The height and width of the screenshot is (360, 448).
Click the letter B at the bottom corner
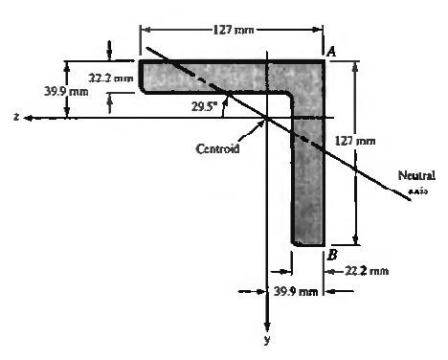tap(331, 255)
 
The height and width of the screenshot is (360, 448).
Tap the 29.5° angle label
tap(204, 106)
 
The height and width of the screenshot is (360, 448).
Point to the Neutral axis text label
tap(417, 181)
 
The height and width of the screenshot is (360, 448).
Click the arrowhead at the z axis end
tap(30, 118)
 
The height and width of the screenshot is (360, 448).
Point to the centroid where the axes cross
tap(267, 118)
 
